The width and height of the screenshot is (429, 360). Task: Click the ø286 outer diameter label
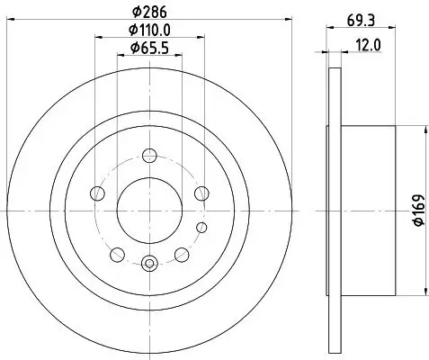tap(149, 13)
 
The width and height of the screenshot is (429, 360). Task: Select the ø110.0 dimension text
tap(150, 31)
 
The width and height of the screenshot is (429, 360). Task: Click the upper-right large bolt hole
tap(201, 192)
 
